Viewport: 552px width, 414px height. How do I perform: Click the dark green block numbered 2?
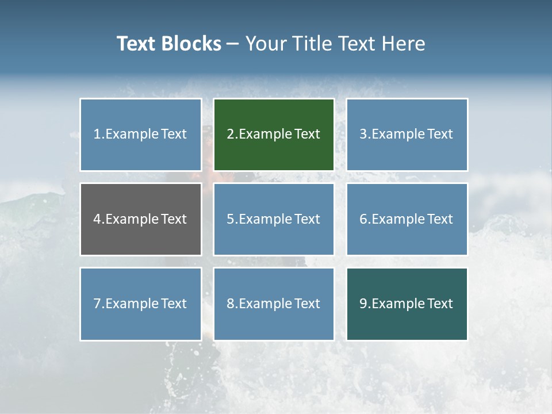click(x=274, y=135)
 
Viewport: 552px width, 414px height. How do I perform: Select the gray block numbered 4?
click(x=141, y=219)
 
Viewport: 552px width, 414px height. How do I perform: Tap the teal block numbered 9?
click(x=407, y=304)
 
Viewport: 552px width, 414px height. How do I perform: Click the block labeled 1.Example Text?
click(x=141, y=135)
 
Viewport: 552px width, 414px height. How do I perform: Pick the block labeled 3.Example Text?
click(x=407, y=135)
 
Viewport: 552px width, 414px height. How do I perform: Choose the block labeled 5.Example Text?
click(x=274, y=219)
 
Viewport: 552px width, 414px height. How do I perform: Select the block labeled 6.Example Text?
click(x=407, y=219)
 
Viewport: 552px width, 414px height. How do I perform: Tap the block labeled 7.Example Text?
click(x=141, y=304)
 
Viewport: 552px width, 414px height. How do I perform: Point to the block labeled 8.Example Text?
click(x=274, y=304)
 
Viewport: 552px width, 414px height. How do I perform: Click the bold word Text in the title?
click(x=136, y=44)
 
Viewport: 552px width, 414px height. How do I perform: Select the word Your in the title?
click(x=265, y=44)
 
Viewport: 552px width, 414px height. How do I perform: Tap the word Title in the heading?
click(x=310, y=44)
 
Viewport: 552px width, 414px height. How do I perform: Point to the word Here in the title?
click(x=405, y=44)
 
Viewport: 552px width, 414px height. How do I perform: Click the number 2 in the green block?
click(x=230, y=135)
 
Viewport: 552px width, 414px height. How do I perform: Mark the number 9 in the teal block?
click(x=363, y=304)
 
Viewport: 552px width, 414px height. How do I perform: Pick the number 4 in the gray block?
click(x=97, y=219)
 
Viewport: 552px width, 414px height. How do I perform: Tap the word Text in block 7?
click(x=174, y=304)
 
